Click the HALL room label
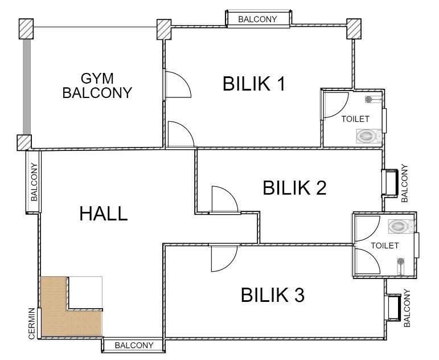pos(104,214)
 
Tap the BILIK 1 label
pos(254,84)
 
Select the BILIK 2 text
pos(294,188)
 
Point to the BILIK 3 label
pos(273,294)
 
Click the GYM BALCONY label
pos(97,85)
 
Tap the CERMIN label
pos(32,324)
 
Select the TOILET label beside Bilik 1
pos(355,119)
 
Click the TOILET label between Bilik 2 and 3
pos(385,246)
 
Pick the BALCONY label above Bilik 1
pos(257,19)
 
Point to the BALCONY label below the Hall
pos(134,345)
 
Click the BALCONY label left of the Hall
pos(34,182)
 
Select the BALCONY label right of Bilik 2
pos(405,183)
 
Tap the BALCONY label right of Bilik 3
pos(407,308)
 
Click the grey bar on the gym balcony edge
pos(27,87)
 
